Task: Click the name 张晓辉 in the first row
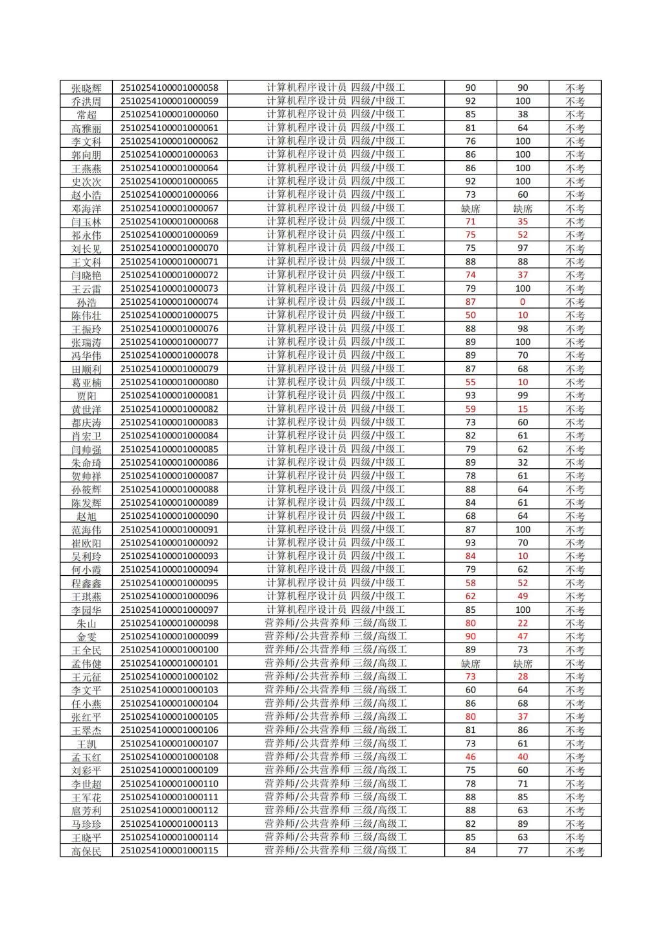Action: pos(86,88)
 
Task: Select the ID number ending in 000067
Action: pos(170,208)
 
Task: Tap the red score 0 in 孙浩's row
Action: pos(523,302)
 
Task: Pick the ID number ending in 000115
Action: pos(170,850)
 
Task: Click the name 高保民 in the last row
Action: pos(86,851)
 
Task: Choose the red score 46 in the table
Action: pos(471,757)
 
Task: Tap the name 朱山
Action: pos(86,623)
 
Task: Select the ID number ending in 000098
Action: pos(170,623)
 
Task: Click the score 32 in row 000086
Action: pos(523,462)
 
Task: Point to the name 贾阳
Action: pos(86,396)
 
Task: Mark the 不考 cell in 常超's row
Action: pos(575,115)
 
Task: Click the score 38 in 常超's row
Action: pos(523,114)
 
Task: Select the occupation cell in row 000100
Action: pos(335,650)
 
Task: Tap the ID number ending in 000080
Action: pos(170,382)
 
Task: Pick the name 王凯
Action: pos(86,744)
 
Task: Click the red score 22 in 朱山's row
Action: pos(523,623)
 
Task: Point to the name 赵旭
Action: pos(86,516)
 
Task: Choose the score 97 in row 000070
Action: pos(523,248)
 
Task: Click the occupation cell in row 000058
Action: pos(335,88)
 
